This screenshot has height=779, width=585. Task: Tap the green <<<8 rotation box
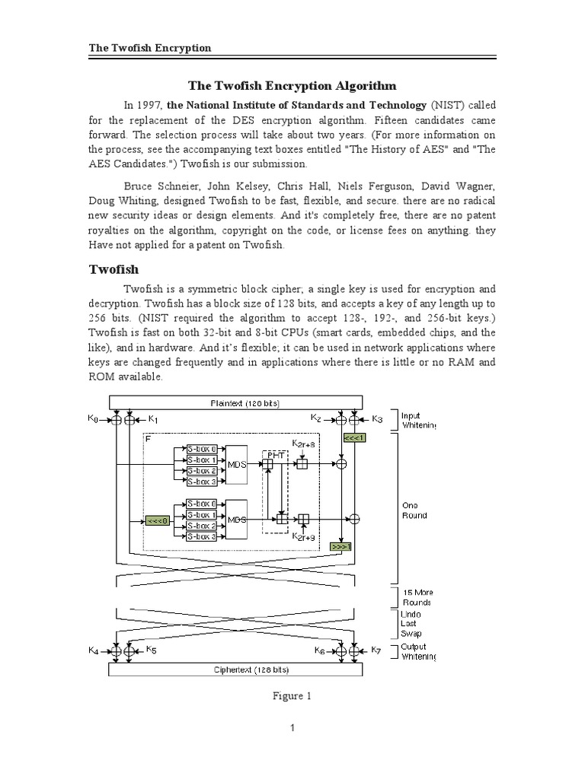158,520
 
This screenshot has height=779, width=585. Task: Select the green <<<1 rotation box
355,438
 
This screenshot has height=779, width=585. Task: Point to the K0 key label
94,418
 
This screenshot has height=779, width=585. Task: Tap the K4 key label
94,650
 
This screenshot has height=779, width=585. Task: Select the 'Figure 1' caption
292,695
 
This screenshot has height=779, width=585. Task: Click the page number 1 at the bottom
292,728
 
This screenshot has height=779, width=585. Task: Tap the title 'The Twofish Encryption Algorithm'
292,86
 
